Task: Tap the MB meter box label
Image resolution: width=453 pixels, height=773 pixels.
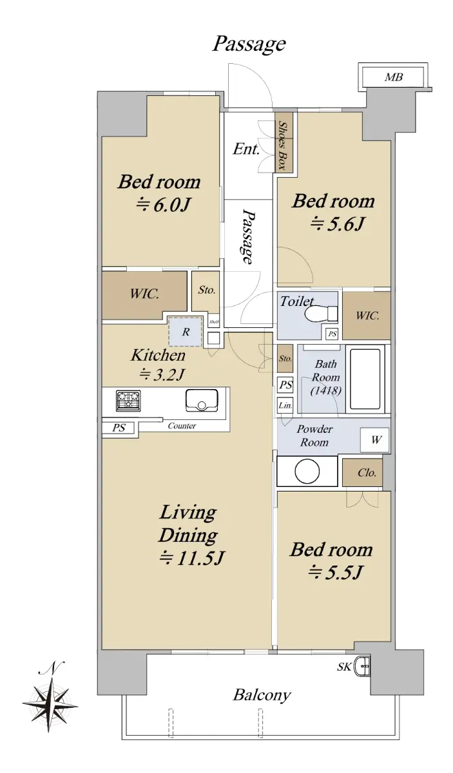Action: click(x=394, y=77)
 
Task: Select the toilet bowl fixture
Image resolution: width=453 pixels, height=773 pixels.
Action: click(x=321, y=314)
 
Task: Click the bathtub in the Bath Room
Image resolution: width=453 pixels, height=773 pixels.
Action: click(x=365, y=379)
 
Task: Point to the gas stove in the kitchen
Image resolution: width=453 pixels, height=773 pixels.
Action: click(x=128, y=401)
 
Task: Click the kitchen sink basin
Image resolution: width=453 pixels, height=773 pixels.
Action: click(x=202, y=400)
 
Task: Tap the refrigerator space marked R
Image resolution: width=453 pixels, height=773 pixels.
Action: click(x=186, y=332)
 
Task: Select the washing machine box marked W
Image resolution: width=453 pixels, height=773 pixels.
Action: click(x=374, y=440)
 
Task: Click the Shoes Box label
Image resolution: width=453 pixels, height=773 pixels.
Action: click(x=284, y=146)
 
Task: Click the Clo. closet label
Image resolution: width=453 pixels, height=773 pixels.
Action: click(x=367, y=472)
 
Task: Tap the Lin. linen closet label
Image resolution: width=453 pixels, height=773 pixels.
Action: click(x=285, y=405)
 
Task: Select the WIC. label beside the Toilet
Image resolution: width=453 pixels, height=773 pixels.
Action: click(x=367, y=316)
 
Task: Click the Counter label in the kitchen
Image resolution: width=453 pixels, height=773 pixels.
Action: click(x=182, y=426)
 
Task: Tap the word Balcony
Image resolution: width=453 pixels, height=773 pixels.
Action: click(x=262, y=694)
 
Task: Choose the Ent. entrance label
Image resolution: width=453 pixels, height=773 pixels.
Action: click(x=246, y=149)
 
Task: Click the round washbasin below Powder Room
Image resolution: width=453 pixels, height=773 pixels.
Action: click(x=307, y=472)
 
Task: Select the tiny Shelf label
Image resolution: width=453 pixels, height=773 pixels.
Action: click(x=214, y=322)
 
